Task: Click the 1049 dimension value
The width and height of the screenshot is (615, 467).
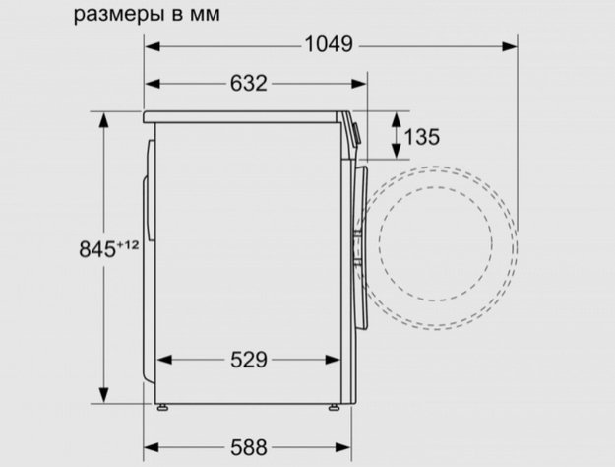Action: point(331,45)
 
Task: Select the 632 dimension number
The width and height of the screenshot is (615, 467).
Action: point(248,84)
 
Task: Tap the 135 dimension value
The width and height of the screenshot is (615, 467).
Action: point(420,136)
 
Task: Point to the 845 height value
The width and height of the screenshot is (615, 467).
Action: point(97,249)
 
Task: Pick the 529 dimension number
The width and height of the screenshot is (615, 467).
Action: point(247,360)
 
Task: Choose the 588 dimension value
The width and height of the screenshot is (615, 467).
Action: point(248,447)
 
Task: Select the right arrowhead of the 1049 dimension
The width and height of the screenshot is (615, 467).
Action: point(513,45)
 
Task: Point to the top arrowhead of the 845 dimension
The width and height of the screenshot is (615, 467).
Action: point(103,118)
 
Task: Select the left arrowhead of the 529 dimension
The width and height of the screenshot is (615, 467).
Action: point(161,360)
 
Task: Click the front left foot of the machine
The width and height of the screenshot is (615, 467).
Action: point(162,405)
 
